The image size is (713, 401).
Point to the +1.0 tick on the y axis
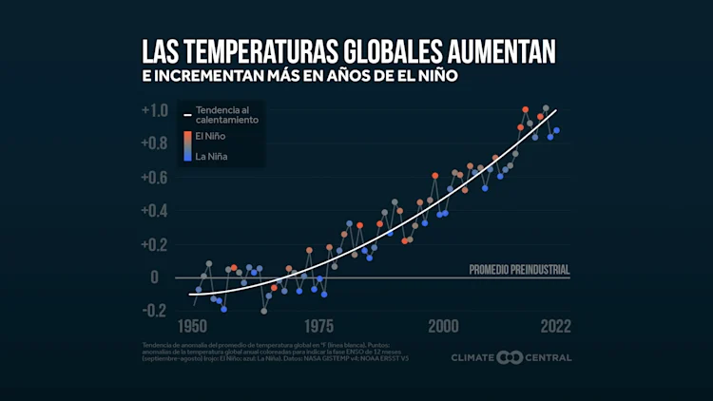tap(155, 110)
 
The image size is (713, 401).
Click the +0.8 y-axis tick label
tap(155, 143)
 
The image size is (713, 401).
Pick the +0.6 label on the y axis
tap(155, 177)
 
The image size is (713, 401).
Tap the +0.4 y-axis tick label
tap(155, 210)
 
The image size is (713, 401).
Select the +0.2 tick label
tap(155, 244)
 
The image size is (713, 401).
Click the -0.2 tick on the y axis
tap(155, 311)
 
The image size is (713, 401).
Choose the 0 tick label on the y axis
tap(163, 277)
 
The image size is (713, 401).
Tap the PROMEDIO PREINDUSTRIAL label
tap(519, 270)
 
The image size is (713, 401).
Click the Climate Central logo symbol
tap(511, 357)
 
